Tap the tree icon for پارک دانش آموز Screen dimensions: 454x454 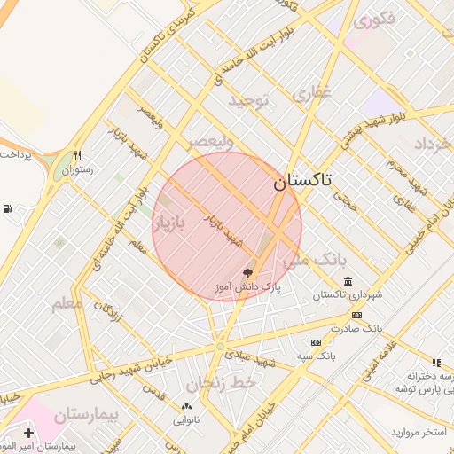(x=247, y=272)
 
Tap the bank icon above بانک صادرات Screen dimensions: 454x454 (x=356, y=315)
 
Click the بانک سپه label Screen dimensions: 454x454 (x=314, y=356)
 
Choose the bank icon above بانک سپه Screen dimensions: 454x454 (x=315, y=342)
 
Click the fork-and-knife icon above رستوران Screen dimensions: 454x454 (x=78, y=153)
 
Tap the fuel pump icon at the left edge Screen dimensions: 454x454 (x=8, y=209)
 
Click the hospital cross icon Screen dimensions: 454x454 (x=29, y=434)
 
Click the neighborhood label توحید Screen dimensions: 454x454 (x=248, y=99)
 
